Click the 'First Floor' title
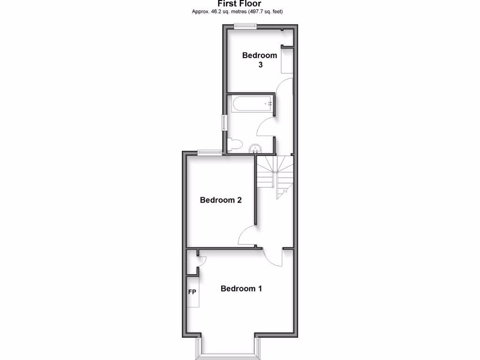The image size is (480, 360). pyautogui.click(x=240, y=4)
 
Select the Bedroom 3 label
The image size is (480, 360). pyautogui.click(x=260, y=60)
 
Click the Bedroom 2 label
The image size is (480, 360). pyautogui.click(x=221, y=200)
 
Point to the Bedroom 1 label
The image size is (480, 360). pyautogui.click(x=241, y=289)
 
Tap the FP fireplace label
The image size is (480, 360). pyautogui.click(x=192, y=292)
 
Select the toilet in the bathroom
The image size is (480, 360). pyautogui.click(x=235, y=144)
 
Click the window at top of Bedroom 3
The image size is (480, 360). pyautogui.click(x=246, y=26)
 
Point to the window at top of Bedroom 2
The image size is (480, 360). pyautogui.click(x=210, y=151)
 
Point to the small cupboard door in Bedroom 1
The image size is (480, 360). pyautogui.click(x=199, y=260)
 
